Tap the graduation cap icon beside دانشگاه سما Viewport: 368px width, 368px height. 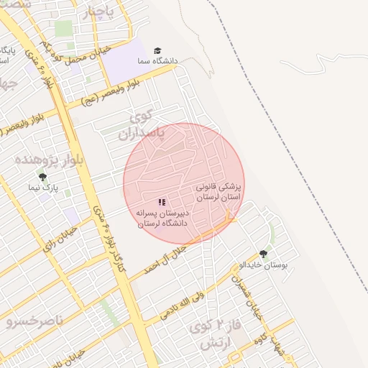(157, 51)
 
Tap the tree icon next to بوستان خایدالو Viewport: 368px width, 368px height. (263, 254)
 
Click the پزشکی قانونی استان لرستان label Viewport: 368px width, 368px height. (219, 191)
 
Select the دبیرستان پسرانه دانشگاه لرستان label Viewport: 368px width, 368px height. (162, 218)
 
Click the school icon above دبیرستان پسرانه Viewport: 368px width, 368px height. (162, 203)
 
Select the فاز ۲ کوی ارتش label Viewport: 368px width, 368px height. (212, 334)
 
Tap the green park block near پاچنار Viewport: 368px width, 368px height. (64, 29)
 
